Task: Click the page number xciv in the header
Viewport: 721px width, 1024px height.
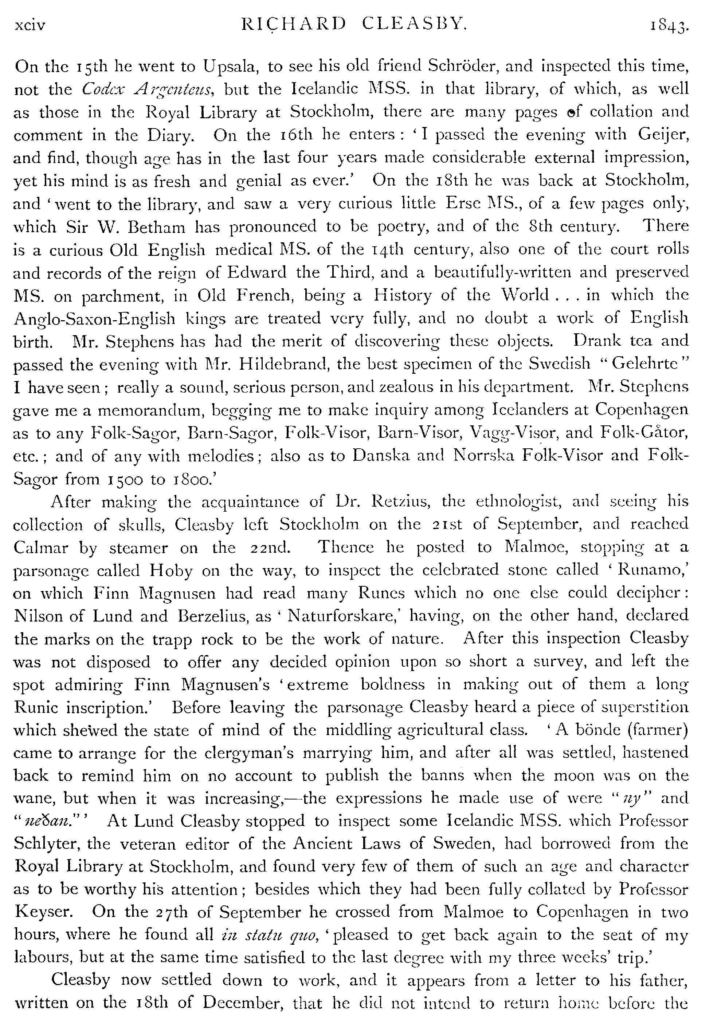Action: [x=30, y=26]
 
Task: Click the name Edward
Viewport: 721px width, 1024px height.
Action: [x=256, y=272]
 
